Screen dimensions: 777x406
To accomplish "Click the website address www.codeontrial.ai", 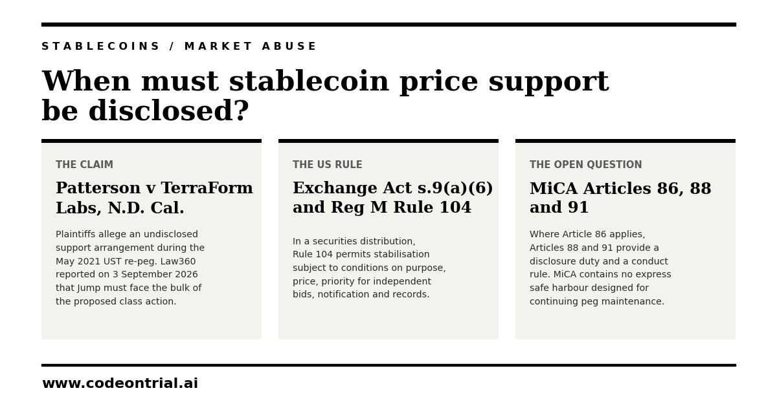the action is click(x=120, y=383).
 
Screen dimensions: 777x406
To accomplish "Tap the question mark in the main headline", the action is click(x=242, y=111).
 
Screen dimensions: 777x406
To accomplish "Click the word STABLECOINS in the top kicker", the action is click(x=100, y=46).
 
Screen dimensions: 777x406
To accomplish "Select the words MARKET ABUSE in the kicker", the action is click(x=251, y=46).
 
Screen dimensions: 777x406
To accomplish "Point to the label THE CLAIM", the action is click(x=85, y=165).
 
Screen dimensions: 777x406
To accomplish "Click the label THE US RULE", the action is click(x=328, y=165).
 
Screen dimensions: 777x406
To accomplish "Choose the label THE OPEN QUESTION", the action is click(x=586, y=165).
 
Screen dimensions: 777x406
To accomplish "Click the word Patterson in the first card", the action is click(x=98, y=187).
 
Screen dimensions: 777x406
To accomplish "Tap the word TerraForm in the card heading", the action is click(x=207, y=187).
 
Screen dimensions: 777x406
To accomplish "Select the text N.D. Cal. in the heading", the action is click(x=146, y=208).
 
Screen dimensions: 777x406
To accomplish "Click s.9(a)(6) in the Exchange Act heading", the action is click(x=455, y=188).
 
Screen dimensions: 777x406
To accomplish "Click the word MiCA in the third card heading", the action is click(x=554, y=188).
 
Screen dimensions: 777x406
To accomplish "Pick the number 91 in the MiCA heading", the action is click(x=578, y=207).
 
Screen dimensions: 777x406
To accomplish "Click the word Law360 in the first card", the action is click(x=178, y=261).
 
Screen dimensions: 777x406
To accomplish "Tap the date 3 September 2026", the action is click(x=155, y=274).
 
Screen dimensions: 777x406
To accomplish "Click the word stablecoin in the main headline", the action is click(x=309, y=81).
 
